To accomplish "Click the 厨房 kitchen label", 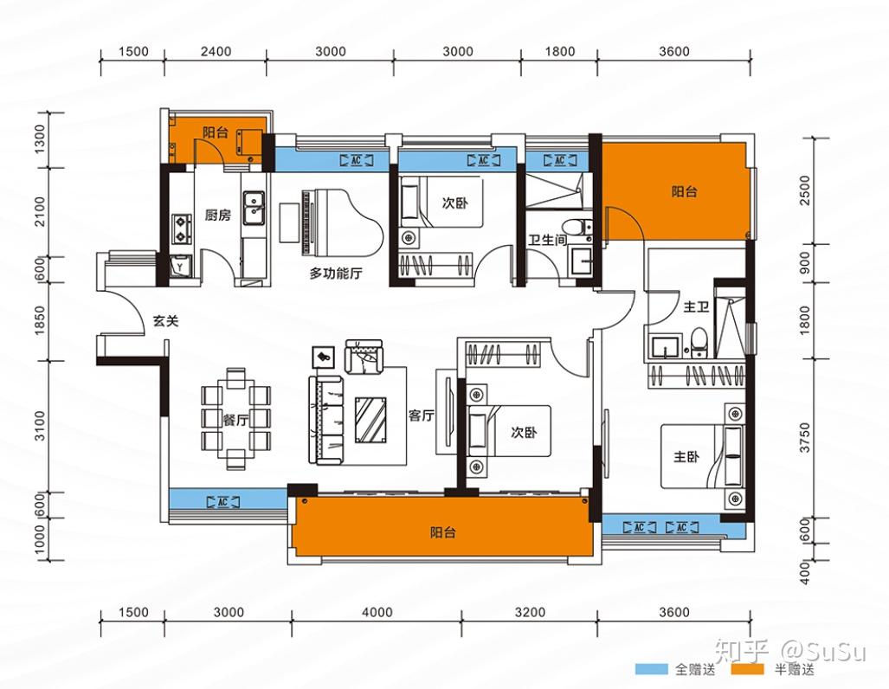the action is [218, 216].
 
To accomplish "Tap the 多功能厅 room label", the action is [336, 274].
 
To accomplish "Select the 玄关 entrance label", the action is [165, 321].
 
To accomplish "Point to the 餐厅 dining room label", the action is [235, 421].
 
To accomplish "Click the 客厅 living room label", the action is [422, 415].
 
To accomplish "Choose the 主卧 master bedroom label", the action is [686, 456].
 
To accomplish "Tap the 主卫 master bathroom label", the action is [696, 306].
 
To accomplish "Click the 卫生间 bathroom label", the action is [548, 240].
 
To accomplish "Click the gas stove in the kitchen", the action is [182, 228].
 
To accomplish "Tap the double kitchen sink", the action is [254, 209].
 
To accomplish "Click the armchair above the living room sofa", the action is [364, 357].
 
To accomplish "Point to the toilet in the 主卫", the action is [699, 342].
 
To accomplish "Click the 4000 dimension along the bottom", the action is [377, 613].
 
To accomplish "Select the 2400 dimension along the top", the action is [216, 52].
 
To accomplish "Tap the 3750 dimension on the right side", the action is [805, 437].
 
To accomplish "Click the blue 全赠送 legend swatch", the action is [652, 669].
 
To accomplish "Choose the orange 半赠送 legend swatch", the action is [748, 669].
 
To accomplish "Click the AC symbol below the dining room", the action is [222, 502].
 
